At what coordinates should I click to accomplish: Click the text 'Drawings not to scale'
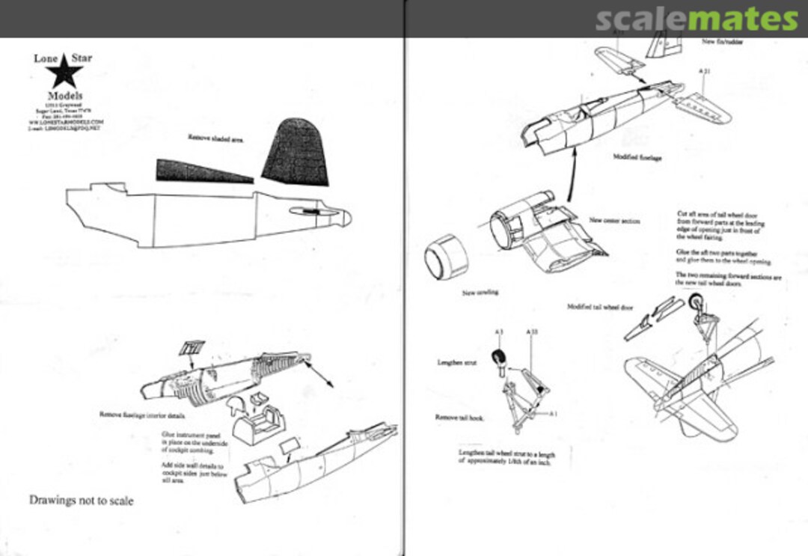[x=81, y=500]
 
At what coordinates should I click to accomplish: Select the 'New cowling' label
[x=480, y=292]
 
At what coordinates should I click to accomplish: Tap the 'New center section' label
[x=614, y=221]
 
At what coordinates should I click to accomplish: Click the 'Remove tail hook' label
[x=459, y=417]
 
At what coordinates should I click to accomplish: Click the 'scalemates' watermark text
[x=696, y=19]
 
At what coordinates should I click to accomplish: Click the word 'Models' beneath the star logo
[x=64, y=96]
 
